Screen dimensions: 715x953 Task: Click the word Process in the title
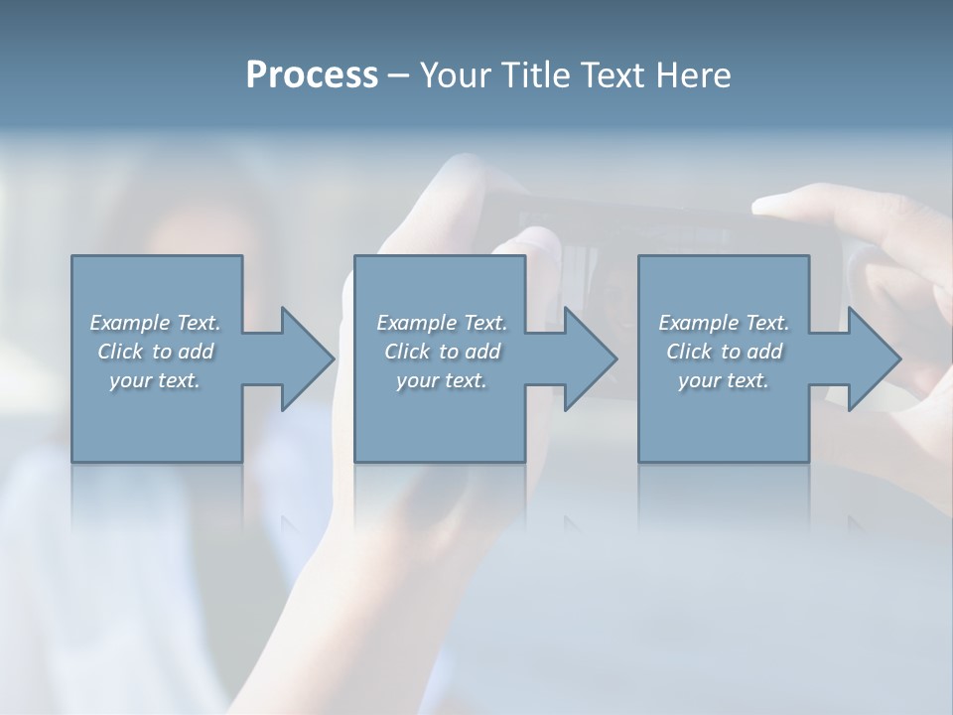pyautogui.click(x=312, y=75)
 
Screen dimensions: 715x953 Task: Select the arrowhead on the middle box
pyautogui.click(x=589, y=358)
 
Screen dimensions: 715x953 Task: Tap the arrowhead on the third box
pyautogui.click(x=873, y=358)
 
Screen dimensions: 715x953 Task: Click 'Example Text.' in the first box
pyautogui.click(x=155, y=323)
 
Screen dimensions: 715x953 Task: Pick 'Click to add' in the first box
pyautogui.click(x=155, y=352)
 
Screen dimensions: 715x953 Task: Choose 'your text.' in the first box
pyautogui.click(x=155, y=380)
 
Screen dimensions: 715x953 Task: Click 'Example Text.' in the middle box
pyautogui.click(x=441, y=323)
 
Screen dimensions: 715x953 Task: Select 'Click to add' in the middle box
pyautogui.click(x=441, y=352)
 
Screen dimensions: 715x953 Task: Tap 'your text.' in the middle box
pyautogui.click(x=441, y=380)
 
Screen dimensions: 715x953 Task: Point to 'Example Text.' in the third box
pyautogui.click(x=724, y=323)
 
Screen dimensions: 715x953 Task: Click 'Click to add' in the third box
pyautogui.click(x=724, y=352)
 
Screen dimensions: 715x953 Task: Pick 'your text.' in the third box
pyautogui.click(x=724, y=380)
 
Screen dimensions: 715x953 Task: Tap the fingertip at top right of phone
pyautogui.click(x=779, y=205)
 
